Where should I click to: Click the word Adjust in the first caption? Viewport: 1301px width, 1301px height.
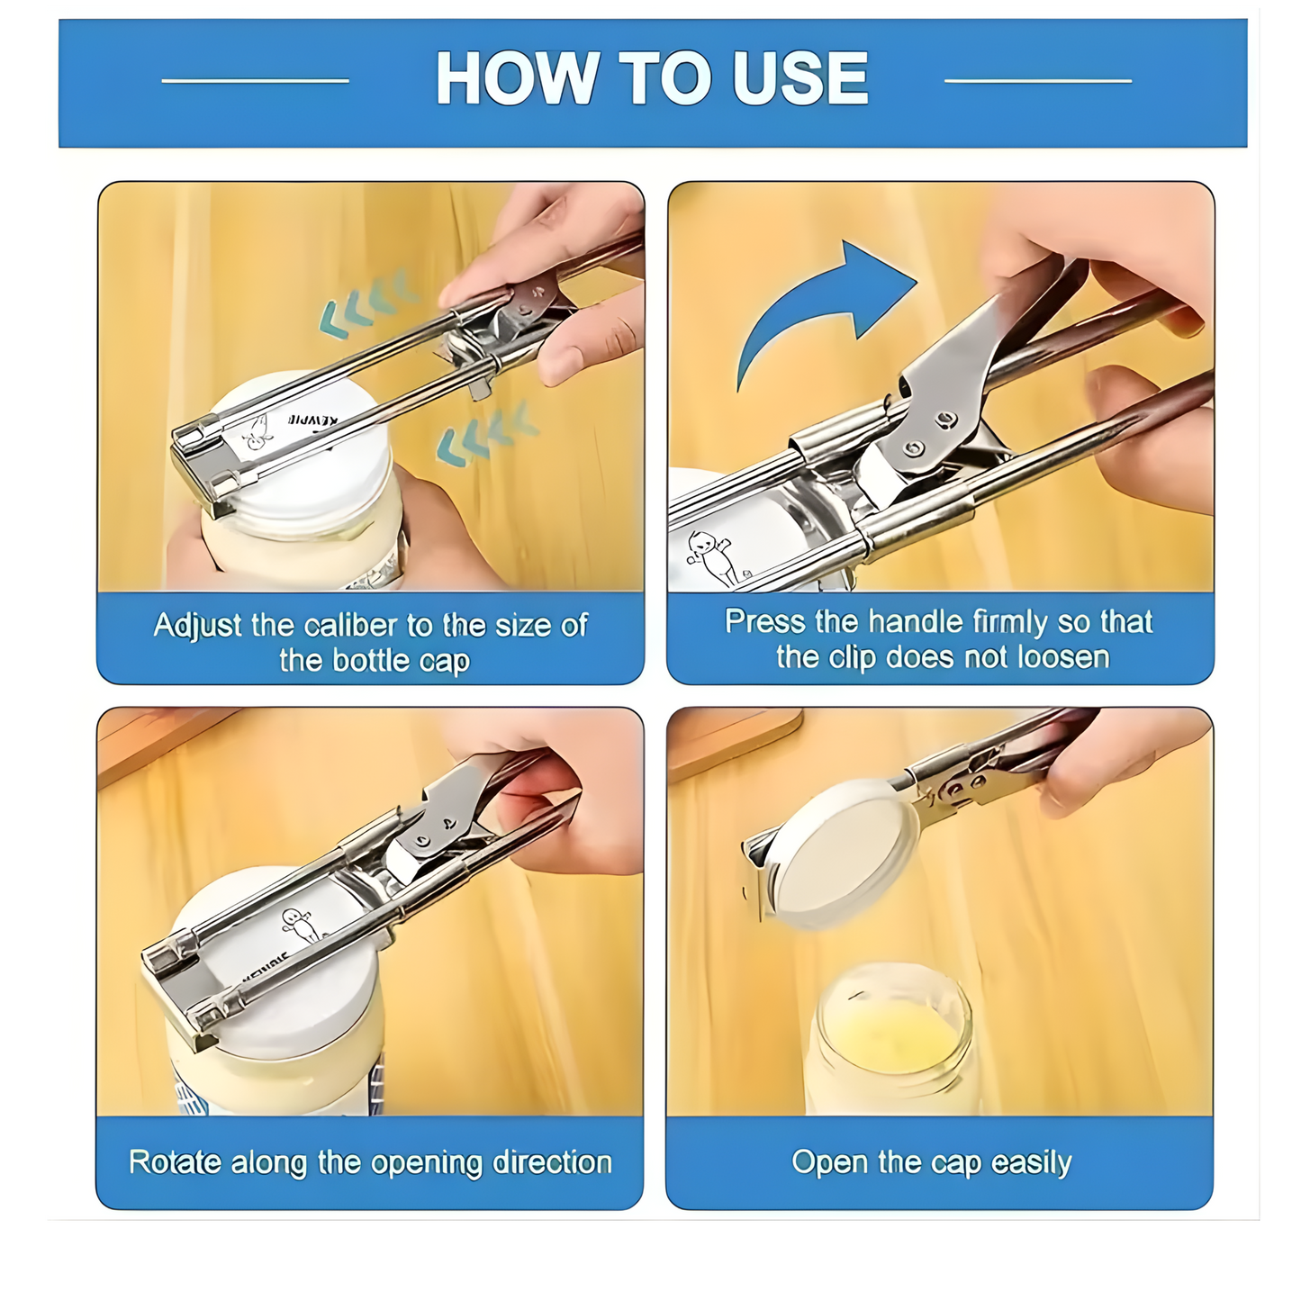click(197, 625)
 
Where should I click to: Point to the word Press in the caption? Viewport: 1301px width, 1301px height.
click(764, 621)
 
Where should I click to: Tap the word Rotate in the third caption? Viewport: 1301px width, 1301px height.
click(175, 1162)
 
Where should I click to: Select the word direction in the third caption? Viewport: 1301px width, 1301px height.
click(552, 1162)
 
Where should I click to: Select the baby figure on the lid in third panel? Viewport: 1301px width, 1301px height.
click(297, 924)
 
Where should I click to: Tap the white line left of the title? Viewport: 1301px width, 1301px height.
click(255, 81)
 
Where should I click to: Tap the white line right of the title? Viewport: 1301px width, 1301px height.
click(1037, 81)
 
